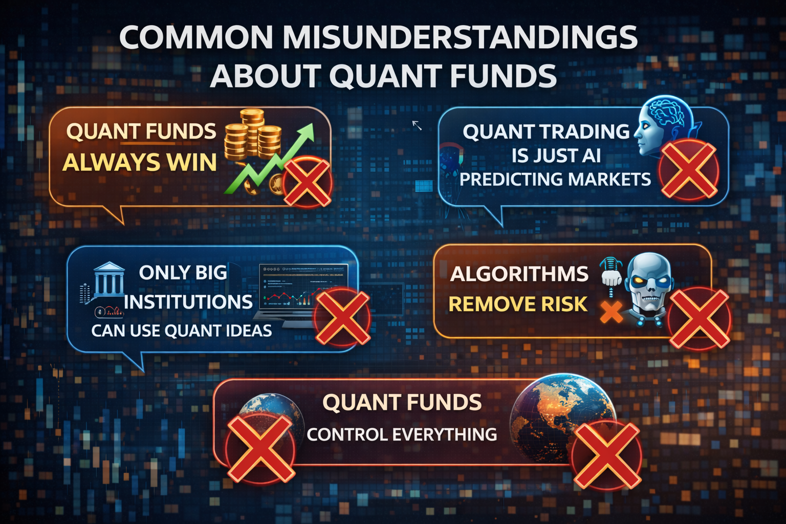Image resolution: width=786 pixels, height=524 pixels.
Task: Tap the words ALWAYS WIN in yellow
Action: (x=140, y=163)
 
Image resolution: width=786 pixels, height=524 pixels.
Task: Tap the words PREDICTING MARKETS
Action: (x=555, y=179)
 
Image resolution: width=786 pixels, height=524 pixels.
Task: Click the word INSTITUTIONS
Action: (x=188, y=302)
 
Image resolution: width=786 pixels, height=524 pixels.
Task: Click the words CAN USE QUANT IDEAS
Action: (x=181, y=331)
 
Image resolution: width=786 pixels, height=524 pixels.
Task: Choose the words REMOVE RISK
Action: (x=518, y=304)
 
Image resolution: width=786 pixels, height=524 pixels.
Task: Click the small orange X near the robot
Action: (x=611, y=312)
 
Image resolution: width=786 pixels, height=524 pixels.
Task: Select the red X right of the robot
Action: (x=699, y=318)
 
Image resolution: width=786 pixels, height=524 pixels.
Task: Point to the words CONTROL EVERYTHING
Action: (x=402, y=434)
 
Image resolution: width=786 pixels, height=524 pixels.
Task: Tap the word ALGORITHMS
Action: (x=519, y=274)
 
